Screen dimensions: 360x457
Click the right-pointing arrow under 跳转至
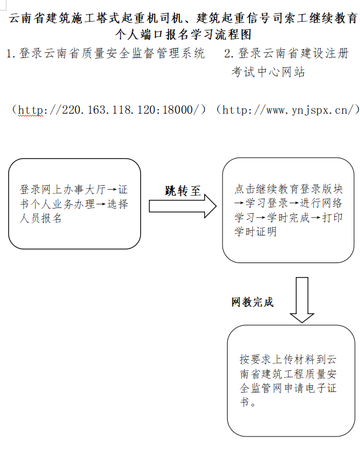tap(183, 206)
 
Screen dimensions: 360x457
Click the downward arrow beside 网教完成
tap(301, 300)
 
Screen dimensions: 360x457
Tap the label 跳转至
tap(183, 191)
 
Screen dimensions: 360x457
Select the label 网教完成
tap(252, 302)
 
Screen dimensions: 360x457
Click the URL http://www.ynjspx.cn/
tap(288, 110)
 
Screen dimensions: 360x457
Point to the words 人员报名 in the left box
tap(41, 218)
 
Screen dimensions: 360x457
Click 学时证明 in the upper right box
tap(255, 231)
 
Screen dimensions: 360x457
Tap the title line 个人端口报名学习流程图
tap(183, 35)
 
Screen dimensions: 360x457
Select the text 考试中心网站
tap(268, 71)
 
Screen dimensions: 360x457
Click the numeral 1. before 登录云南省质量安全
tap(11, 54)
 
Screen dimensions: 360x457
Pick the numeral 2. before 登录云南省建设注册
tap(229, 54)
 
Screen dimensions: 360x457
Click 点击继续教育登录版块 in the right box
tap(289, 189)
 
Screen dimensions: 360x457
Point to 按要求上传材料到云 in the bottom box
tap(288, 359)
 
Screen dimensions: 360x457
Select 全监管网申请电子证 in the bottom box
tap(288, 388)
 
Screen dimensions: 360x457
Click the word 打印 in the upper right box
tap(332, 217)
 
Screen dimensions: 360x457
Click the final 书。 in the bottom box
tap(248, 402)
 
